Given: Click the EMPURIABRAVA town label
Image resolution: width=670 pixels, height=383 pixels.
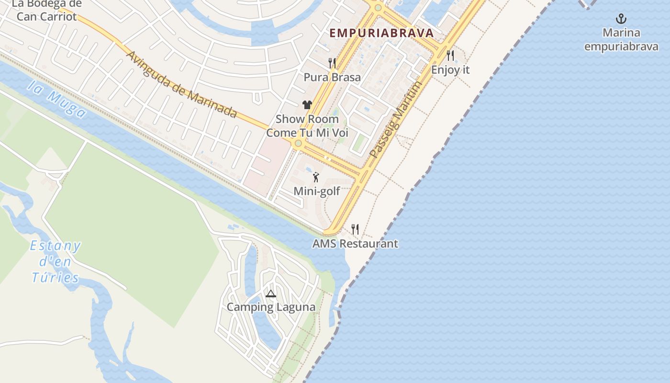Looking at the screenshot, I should pyautogui.click(x=381, y=33).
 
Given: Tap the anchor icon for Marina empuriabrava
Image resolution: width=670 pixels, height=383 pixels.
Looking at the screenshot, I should pyautogui.click(x=621, y=19).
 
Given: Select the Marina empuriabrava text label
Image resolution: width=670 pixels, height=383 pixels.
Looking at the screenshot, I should pyautogui.click(x=621, y=40).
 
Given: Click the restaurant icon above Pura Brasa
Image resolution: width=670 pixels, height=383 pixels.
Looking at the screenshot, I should pyautogui.click(x=332, y=63).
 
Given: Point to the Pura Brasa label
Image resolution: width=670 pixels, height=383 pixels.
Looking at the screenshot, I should pyautogui.click(x=332, y=77).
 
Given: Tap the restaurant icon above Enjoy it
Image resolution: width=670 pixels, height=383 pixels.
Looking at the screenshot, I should pyautogui.click(x=450, y=56).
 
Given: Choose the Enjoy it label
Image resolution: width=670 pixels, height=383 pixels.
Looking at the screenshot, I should pyautogui.click(x=450, y=70).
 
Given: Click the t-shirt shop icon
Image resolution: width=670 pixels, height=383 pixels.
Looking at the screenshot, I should pyautogui.click(x=307, y=105).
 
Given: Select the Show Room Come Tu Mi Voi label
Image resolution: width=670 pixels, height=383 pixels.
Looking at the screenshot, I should pyautogui.click(x=307, y=126).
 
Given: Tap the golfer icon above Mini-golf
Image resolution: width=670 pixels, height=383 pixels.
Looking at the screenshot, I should pyautogui.click(x=316, y=178).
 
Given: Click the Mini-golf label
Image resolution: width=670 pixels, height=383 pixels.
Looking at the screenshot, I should pyautogui.click(x=317, y=191).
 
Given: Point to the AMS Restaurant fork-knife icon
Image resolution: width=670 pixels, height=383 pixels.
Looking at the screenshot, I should pyautogui.click(x=355, y=229).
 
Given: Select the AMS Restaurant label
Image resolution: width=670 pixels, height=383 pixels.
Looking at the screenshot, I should pyautogui.click(x=355, y=244).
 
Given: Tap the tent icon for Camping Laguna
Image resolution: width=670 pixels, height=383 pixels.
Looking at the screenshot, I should pyautogui.click(x=271, y=293).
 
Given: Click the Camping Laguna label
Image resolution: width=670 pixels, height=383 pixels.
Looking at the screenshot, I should pyautogui.click(x=271, y=307).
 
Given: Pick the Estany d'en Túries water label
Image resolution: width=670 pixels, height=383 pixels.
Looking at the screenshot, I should pyautogui.click(x=55, y=262).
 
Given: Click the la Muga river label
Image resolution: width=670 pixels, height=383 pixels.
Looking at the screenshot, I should pyautogui.click(x=57, y=100).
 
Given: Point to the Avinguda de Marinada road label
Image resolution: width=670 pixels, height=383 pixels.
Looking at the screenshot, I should pyautogui.click(x=181, y=84).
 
